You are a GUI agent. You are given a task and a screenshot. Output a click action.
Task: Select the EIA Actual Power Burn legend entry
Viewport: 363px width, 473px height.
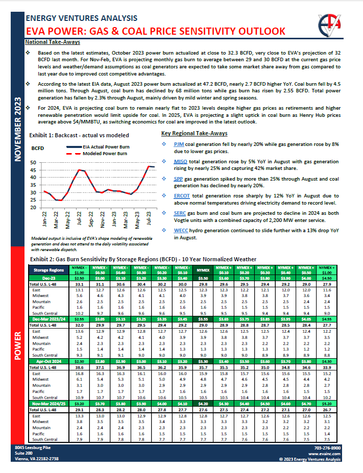coord(105,146)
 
